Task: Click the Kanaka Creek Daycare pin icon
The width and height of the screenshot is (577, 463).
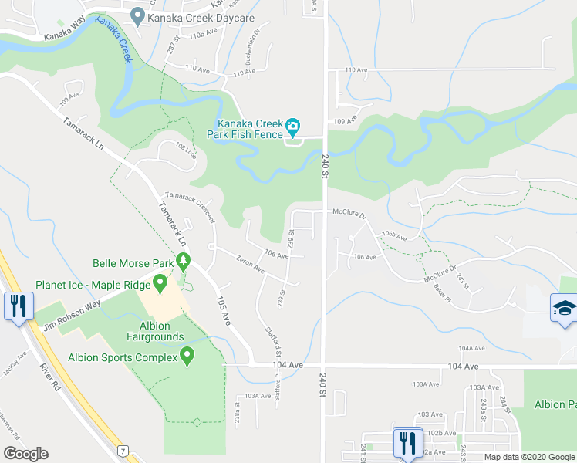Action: click(138, 15)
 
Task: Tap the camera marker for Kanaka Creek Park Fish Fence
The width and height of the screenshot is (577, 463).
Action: click(292, 125)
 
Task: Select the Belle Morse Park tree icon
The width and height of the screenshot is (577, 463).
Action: click(183, 262)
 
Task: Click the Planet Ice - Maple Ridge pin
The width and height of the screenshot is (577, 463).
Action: click(160, 284)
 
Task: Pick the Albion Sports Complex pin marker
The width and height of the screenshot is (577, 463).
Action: click(186, 356)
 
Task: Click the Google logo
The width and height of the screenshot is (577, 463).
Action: click(26, 454)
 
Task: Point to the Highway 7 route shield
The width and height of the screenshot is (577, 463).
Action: click(122, 450)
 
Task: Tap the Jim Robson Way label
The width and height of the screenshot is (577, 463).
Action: click(72, 307)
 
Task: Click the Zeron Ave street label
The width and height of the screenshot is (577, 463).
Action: click(250, 266)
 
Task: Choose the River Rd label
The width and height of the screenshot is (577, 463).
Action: click(51, 379)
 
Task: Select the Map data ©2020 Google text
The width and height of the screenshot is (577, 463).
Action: click(528, 457)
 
